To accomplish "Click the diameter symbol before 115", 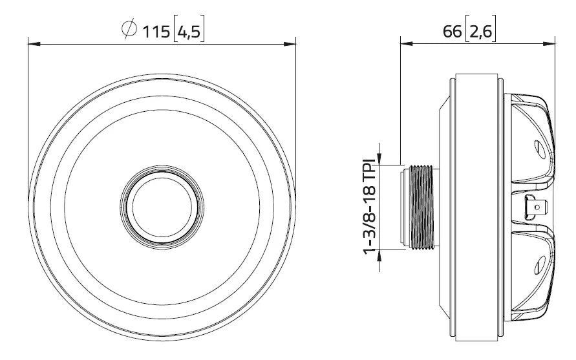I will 129,30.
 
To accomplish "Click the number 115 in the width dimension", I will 155,30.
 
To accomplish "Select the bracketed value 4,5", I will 189,30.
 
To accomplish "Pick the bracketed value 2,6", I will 480,30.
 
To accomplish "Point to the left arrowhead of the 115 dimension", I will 32,44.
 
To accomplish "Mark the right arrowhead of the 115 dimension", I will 291,44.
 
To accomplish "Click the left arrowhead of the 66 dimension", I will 405,44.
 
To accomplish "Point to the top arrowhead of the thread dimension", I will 379,158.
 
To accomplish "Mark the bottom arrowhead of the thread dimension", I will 379,254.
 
